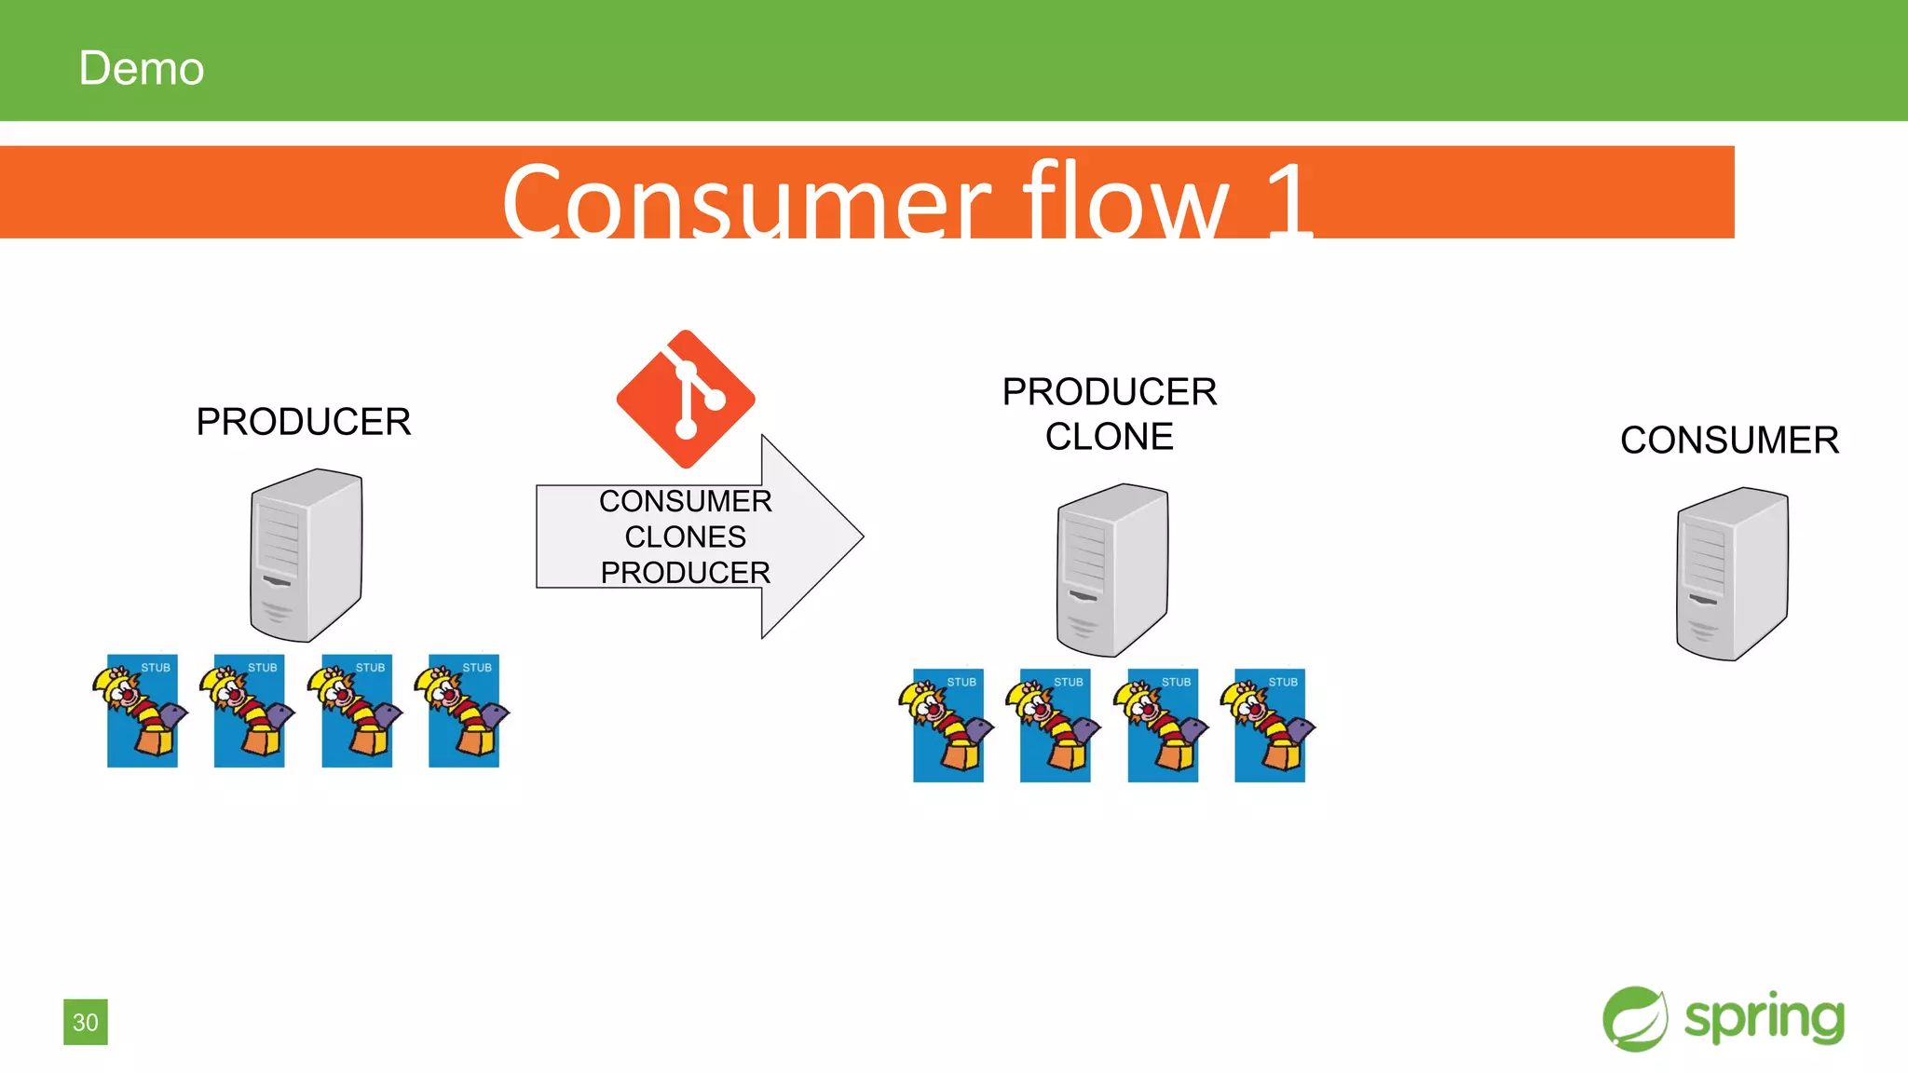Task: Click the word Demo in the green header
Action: click(142, 68)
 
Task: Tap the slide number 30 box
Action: click(86, 1022)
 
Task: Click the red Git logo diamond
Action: click(686, 399)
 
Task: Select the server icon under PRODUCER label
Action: click(306, 555)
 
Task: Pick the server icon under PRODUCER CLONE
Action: click(1112, 570)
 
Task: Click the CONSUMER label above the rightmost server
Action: click(1729, 440)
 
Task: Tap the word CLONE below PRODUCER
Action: click(1109, 436)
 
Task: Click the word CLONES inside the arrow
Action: click(686, 536)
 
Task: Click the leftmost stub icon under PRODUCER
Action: click(142, 711)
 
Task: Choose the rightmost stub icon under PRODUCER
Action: click(463, 711)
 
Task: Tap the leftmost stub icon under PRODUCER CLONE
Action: click(947, 726)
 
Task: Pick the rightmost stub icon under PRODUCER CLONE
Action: click(1269, 726)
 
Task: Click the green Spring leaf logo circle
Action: click(1635, 1019)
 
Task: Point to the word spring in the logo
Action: click(1764, 1019)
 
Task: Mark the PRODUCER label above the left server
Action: click(304, 422)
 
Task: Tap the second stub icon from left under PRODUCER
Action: click(249, 711)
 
